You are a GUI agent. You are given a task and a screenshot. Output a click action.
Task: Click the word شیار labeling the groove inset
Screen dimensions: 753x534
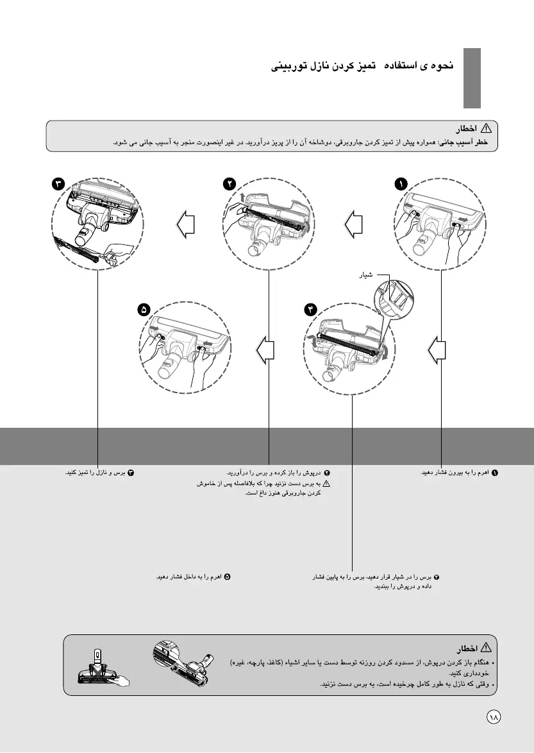(363, 276)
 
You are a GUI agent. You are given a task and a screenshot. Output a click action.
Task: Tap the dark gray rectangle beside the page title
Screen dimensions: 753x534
(472, 78)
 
